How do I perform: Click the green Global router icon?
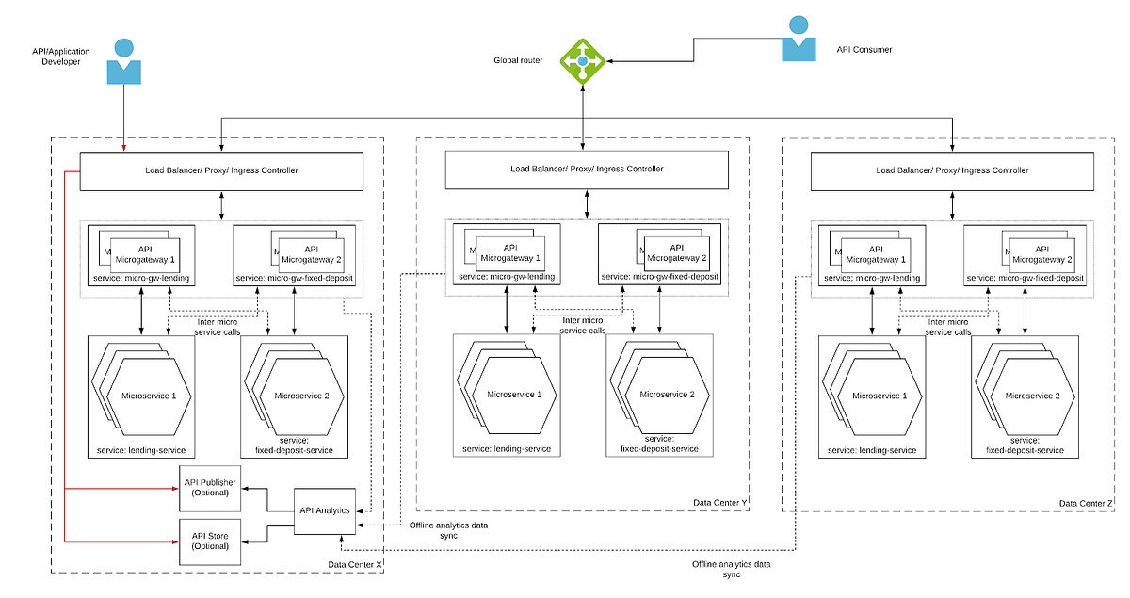[x=583, y=61]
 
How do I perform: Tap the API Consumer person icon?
[x=799, y=40]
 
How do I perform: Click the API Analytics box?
[x=325, y=510]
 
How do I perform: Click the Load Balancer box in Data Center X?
[x=221, y=170]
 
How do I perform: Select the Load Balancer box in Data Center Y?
[x=587, y=169]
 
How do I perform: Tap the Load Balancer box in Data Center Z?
[x=952, y=170]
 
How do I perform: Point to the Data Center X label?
[x=355, y=564]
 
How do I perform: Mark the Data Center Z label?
[x=1086, y=504]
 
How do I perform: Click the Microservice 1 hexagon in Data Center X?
[x=149, y=396]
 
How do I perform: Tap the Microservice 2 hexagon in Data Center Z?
[x=1032, y=396]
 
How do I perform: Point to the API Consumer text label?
[x=864, y=48]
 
